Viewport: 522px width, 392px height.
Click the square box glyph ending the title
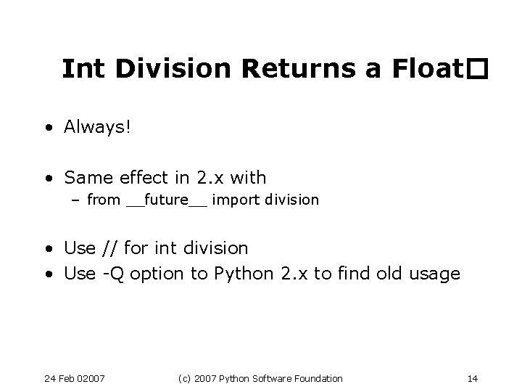point(476,70)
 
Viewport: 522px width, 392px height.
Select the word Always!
point(98,128)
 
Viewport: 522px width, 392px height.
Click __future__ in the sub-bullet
point(166,200)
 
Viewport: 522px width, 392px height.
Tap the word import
point(236,200)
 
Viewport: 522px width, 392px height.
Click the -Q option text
point(111,274)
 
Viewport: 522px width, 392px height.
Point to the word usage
point(433,274)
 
